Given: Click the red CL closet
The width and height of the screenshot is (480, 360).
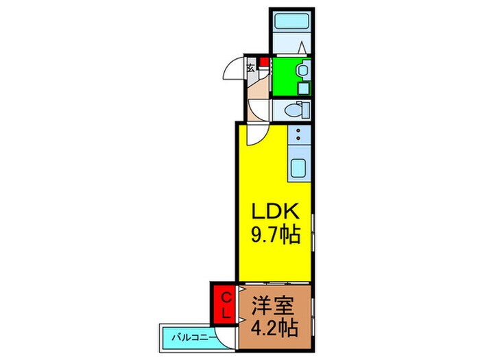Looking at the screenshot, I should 224,305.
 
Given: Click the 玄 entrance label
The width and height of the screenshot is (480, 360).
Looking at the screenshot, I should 251,67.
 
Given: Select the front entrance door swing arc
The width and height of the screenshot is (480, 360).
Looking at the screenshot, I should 236,71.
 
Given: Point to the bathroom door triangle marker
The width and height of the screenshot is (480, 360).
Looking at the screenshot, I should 302,48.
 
